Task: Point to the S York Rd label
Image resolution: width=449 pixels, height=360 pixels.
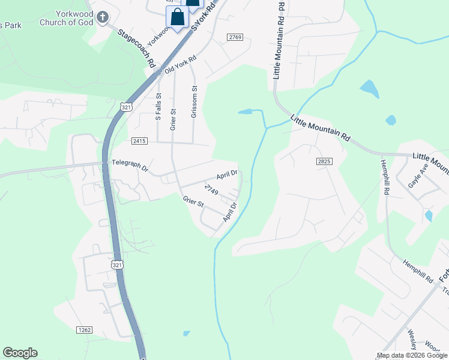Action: (x=203, y=17)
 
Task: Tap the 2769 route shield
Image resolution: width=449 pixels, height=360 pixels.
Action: (x=235, y=37)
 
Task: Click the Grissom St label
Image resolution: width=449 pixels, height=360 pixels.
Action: (x=194, y=101)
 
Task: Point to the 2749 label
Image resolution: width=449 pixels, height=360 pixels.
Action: (x=211, y=190)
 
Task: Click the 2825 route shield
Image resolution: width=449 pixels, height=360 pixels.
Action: (x=324, y=162)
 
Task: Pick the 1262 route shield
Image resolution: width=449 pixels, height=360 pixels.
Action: (x=85, y=329)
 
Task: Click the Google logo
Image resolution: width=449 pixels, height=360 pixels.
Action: (x=20, y=353)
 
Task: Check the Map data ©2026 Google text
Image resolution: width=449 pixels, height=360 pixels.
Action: (x=412, y=355)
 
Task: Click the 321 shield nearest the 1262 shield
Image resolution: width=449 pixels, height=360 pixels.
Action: (x=117, y=264)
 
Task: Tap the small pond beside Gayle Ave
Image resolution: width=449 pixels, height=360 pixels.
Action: (x=428, y=215)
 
